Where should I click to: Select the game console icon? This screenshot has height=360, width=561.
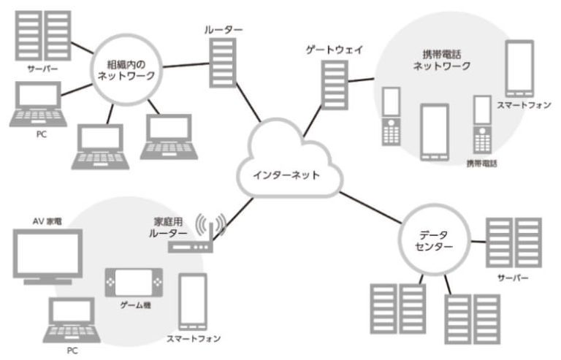pos(135,282)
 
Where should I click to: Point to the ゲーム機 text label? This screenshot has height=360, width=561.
pos(134,304)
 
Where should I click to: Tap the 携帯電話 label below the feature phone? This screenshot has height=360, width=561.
pos(481,164)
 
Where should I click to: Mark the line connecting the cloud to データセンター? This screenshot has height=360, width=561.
pos(373,207)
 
